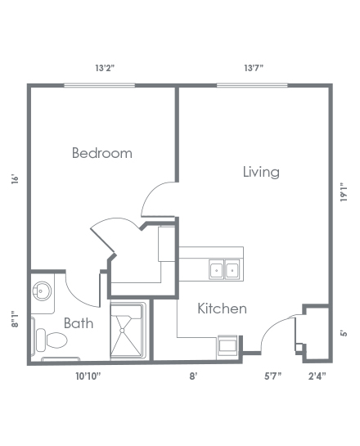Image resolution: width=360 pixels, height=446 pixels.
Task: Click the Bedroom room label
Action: point(102,153)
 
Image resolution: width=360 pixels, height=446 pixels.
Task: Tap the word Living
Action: point(261,172)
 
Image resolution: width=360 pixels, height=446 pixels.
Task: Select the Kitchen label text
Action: point(222,309)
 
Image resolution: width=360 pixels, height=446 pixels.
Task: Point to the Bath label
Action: point(79,323)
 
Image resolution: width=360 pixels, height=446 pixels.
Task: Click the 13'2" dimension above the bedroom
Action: point(105,68)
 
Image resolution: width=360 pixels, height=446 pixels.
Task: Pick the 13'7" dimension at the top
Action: point(254,68)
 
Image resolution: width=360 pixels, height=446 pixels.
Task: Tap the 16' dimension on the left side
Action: point(15,179)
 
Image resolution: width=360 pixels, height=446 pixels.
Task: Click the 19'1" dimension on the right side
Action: point(344,192)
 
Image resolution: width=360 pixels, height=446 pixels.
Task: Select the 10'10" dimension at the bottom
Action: point(88,376)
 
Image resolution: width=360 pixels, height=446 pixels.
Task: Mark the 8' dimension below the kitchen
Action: point(193,376)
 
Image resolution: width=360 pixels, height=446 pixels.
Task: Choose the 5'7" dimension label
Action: point(272,376)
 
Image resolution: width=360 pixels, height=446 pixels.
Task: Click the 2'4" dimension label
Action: point(317,376)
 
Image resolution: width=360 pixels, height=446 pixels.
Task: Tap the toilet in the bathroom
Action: point(52,340)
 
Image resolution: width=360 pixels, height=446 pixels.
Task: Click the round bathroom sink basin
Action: point(42,291)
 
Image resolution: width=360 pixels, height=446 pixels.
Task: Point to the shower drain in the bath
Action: point(122,331)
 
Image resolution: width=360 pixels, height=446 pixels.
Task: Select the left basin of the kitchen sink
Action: point(216,269)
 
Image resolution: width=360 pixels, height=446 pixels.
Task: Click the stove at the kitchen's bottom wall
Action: point(227,345)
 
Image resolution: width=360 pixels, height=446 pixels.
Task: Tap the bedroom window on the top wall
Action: point(99,85)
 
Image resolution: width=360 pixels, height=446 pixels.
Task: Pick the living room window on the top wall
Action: point(252,85)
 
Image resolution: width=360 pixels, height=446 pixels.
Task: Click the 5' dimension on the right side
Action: point(344,333)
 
